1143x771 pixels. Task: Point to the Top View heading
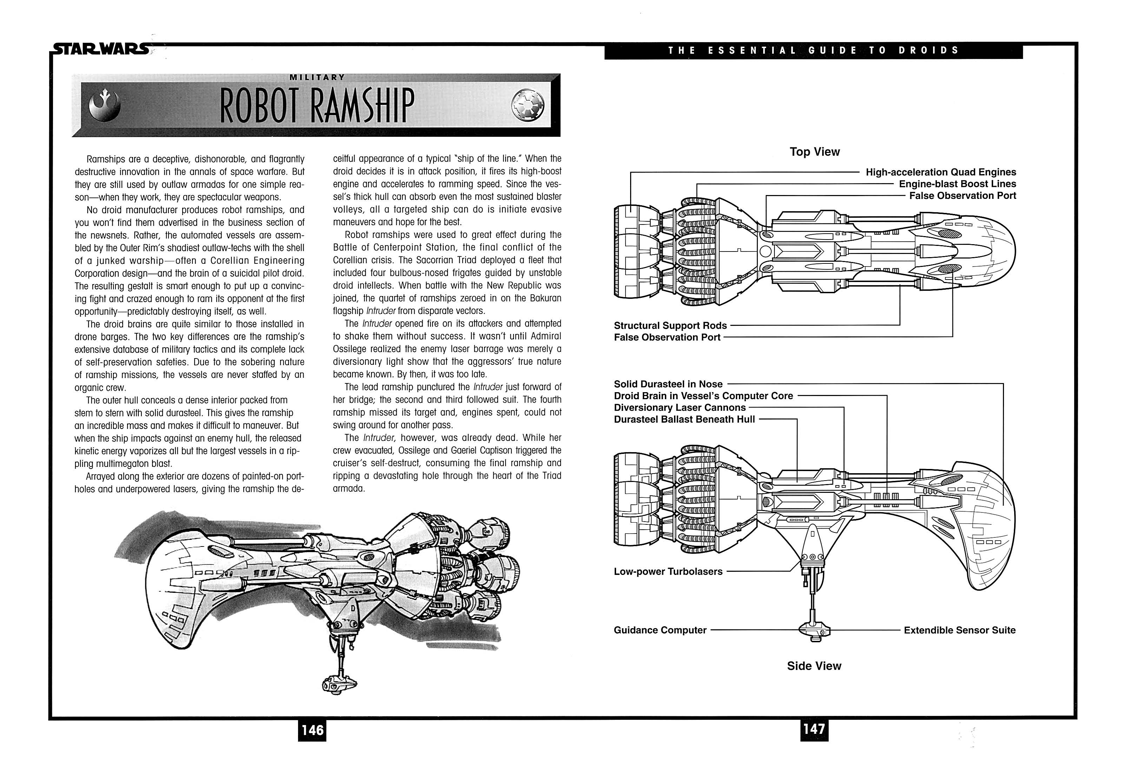click(x=814, y=152)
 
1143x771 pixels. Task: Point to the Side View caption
click(x=814, y=666)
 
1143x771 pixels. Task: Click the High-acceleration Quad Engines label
click(x=940, y=172)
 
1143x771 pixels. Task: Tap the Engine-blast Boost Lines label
click(x=957, y=184)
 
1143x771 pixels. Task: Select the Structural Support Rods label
click(x=670, y=325)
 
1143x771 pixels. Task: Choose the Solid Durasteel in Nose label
click(x=668, y=384)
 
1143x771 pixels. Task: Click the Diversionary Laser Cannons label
click(x=679, y=407)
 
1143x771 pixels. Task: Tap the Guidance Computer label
click(x=660, y=630)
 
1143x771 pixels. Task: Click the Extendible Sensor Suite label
click(x=959, y=630)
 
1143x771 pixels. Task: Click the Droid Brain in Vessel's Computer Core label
click(x=703, y=396)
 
